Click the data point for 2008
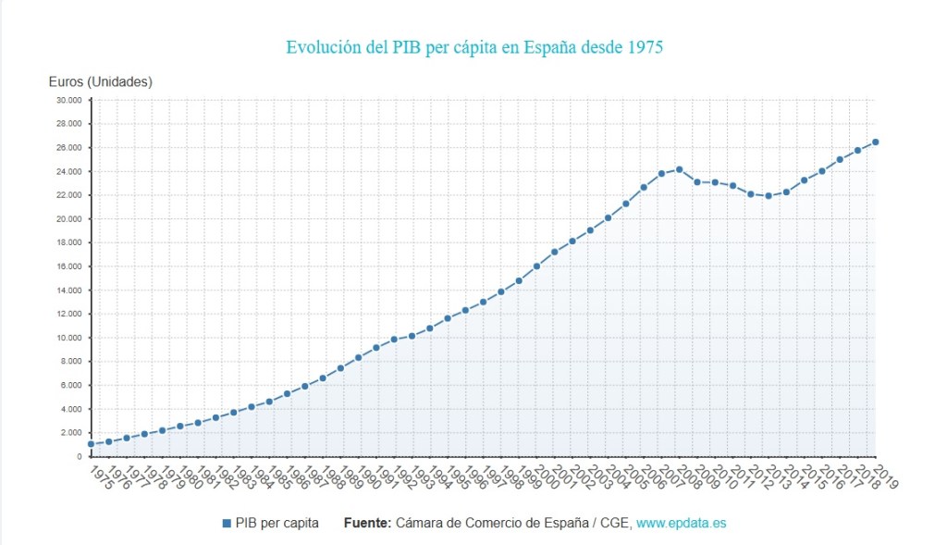(679, 169)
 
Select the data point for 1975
(91, 444)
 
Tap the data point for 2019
(875, 142)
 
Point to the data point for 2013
(769, 195)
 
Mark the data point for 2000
(536, 266)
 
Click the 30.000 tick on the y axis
(69, 100)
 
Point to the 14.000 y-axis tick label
(69, 290)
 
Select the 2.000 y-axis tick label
(72, 432)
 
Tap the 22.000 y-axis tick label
(69, 195)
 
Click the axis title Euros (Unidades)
(101, 81)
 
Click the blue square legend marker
(227, 524)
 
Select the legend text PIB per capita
(277, 524)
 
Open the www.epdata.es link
(682, 524)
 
